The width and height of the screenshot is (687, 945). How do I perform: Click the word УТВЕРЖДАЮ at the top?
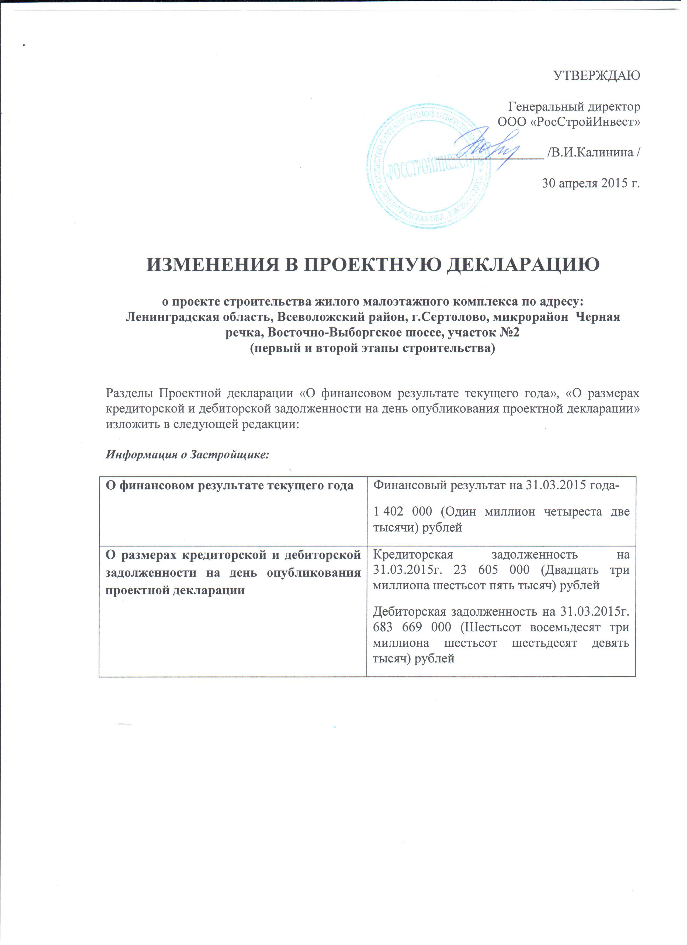tap(596, 76)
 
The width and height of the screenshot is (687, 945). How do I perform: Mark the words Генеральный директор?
tap(574, 107)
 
